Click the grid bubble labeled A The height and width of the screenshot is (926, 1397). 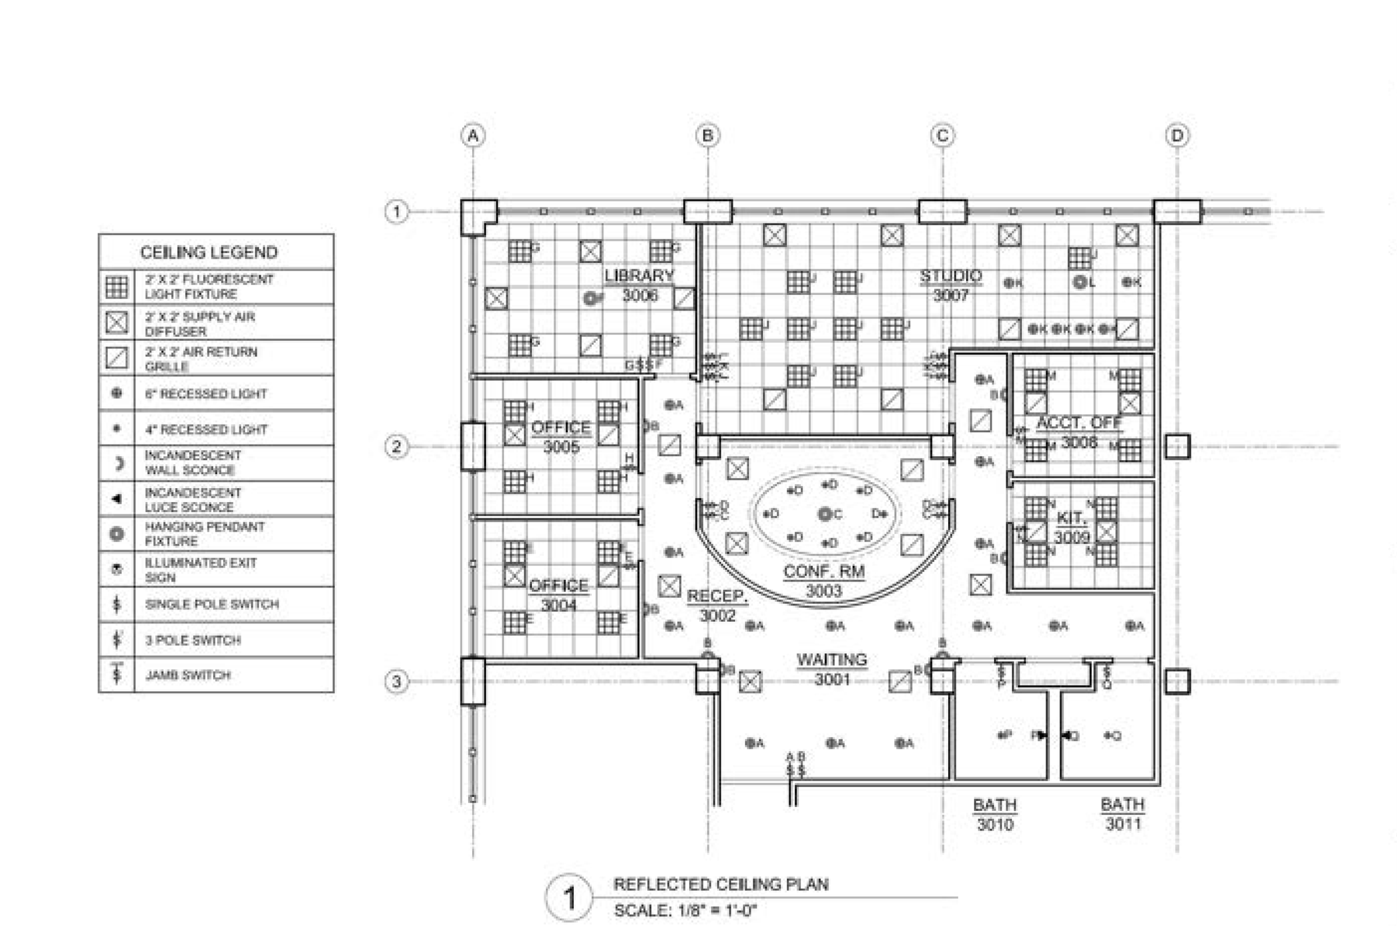tap(473, 136)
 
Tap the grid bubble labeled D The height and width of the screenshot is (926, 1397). tap(1177, 136)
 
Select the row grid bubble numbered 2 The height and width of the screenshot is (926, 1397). tap(397, 446)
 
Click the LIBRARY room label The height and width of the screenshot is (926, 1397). tap(639, 276)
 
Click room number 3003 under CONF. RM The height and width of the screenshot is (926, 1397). tap(823, 590)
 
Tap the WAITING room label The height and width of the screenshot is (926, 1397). tap(831, 660)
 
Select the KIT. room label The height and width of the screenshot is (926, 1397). tap(1071, 518)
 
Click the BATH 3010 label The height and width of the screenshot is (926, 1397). tap(995, 814)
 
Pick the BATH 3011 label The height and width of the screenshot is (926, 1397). tap(1122, 814)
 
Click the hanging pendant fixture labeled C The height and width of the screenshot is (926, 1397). tap(824, 514)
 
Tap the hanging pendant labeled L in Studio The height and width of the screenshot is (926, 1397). tap(1080, 282)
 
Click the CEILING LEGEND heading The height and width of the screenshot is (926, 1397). tap(209, 253)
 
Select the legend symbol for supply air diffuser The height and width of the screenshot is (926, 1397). tap(116, 323)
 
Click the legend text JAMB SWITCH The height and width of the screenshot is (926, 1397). tap(188, 675)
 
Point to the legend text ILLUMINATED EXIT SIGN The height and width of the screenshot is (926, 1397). tap(201, 570)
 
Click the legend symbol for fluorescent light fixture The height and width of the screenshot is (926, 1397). tap(116, 287)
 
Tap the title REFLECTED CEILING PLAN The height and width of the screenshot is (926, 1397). tap(721, 884)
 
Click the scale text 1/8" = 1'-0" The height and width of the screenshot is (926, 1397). tap(685, 910)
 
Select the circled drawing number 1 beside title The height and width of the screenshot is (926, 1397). tap(568, 898)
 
